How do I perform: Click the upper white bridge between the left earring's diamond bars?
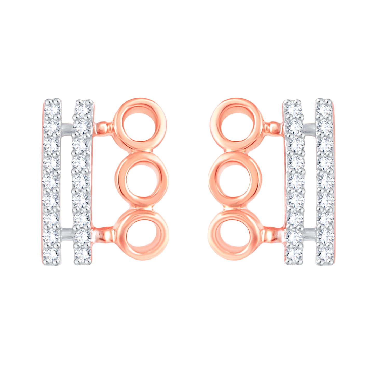coord(66,127)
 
